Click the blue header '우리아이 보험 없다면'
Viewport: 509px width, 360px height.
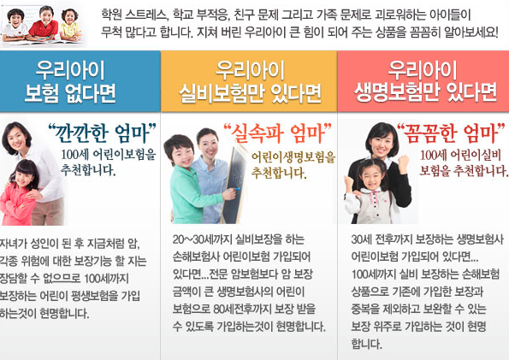pos(70,81)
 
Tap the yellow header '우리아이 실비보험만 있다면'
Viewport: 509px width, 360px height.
pos(250,81)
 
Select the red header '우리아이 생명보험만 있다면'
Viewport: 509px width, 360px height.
pos(425,81)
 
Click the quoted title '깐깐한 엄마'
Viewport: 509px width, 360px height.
pos(103,133)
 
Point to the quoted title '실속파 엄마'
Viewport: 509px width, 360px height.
pos(277,133)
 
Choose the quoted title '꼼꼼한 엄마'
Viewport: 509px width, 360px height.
pos(451,133)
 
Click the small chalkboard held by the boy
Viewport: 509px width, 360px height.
pos(234,185)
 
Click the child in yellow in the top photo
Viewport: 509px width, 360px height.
pos(70,25)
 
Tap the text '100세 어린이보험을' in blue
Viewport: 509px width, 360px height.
pos(109,155)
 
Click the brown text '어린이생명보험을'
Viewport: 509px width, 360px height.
pos(293,157)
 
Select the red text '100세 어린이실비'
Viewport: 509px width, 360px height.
pos(461,156)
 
